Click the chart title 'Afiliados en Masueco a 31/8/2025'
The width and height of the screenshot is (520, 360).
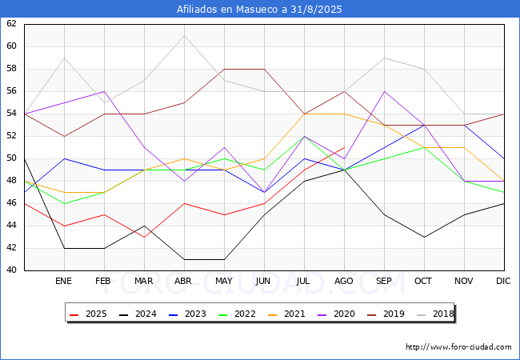259,9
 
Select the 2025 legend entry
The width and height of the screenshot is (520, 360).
88,314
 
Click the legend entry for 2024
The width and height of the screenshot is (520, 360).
138,314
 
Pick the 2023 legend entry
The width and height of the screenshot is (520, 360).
187,314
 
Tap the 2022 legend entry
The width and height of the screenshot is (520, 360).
237,314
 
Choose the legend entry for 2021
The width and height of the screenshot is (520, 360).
286,314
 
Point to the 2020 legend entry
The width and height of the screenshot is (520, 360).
336,314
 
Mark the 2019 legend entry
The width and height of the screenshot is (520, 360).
386,314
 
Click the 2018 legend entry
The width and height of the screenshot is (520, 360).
435,314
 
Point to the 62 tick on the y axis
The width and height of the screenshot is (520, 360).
11,23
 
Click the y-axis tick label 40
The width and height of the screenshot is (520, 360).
11,270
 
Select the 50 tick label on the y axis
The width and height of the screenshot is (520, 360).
11,158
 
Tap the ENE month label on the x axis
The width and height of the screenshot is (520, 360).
63,281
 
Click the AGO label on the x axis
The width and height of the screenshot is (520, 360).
343,281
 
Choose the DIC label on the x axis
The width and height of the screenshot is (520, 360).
503,281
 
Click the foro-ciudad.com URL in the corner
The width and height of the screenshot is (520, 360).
458,347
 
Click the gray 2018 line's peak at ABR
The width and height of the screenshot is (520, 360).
184,36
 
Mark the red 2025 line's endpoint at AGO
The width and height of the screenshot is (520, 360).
345,147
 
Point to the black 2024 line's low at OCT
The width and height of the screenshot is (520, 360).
425,238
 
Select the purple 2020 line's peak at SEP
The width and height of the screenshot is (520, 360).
384,91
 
